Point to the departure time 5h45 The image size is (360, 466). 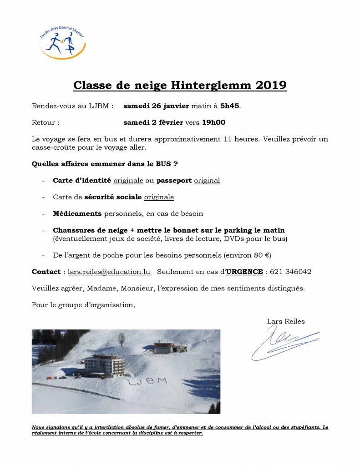point(230,106)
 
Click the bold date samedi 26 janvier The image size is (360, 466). point(156,106)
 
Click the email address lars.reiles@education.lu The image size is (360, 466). point(109,272)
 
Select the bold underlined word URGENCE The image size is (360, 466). point(244,272)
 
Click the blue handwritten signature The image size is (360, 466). point(284,343)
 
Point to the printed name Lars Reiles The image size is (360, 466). point(286,321)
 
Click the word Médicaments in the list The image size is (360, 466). point(77,213)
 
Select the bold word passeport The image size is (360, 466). point(174,181)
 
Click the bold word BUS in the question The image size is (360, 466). point(163,164)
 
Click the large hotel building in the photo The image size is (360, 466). point(104,365)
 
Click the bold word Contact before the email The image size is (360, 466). point(46,272)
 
